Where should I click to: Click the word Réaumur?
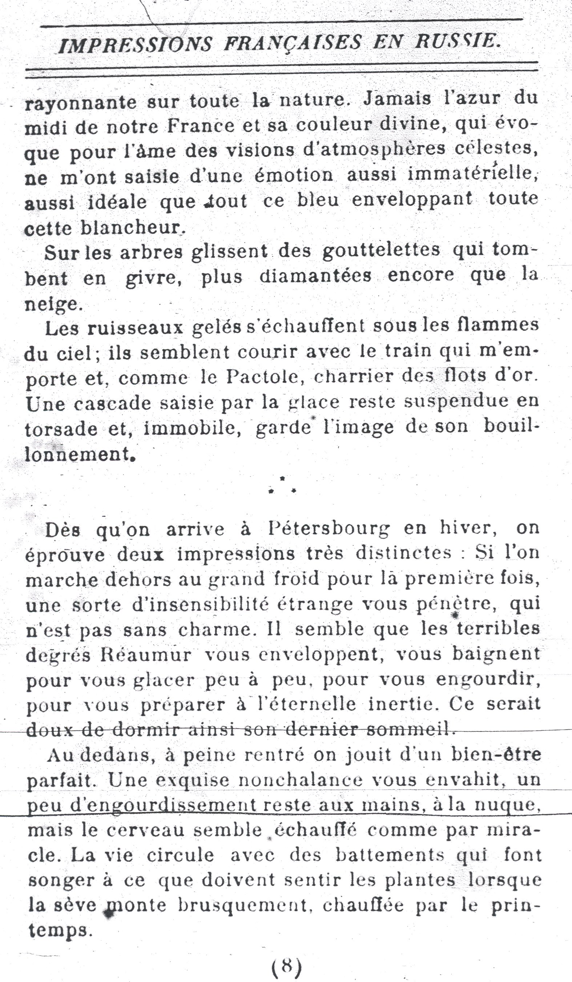[x=146, y=655]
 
